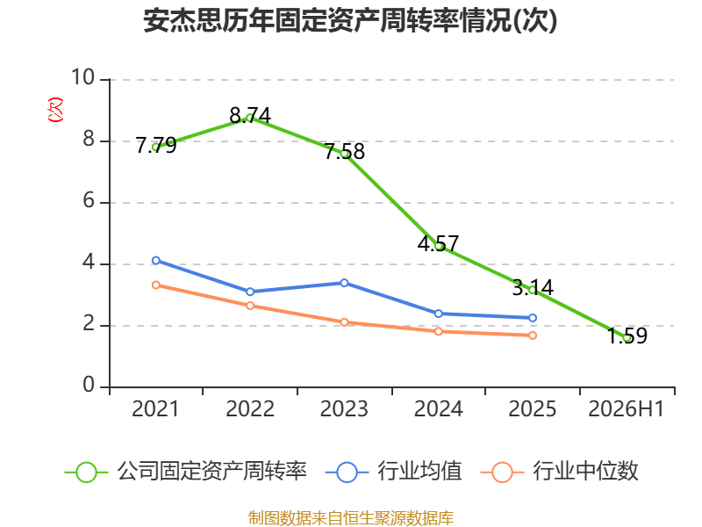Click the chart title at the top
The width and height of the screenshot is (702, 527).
click(x=350, y=20)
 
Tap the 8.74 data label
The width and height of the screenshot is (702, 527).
click(x=250, y=116)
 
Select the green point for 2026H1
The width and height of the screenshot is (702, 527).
click(x=627, y=338)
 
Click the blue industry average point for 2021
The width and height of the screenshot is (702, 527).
click(x=156, y=260)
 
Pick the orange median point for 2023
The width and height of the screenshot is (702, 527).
click(x=344, y=322)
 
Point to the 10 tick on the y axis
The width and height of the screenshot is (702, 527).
click(x=82, y=77)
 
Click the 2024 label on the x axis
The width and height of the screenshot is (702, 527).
click(x=438, y=408)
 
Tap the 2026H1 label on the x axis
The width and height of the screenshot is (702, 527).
click(x=626, y=408)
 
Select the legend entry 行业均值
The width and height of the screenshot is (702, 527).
click(x=394, y=472)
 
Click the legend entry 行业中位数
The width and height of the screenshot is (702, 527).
click(x=560, y=472)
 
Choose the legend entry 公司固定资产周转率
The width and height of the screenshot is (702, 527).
click(x=186, y=472)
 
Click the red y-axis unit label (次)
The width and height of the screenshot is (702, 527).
click(x=55, y=110)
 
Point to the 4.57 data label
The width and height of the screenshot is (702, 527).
click(x=438, y=244)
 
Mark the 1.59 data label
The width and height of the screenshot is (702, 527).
click(x=627, y=336)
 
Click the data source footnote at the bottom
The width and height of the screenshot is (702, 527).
click(x=351, y=518)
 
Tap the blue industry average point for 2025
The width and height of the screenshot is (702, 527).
click(x=533, y=318)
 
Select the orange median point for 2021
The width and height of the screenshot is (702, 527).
click(x=156, y=285)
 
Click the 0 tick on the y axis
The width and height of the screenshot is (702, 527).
click(x=89, y=385)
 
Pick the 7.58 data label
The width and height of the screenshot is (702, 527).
click(x=345, y=151)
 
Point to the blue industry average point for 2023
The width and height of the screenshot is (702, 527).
click(x=344, y=283)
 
